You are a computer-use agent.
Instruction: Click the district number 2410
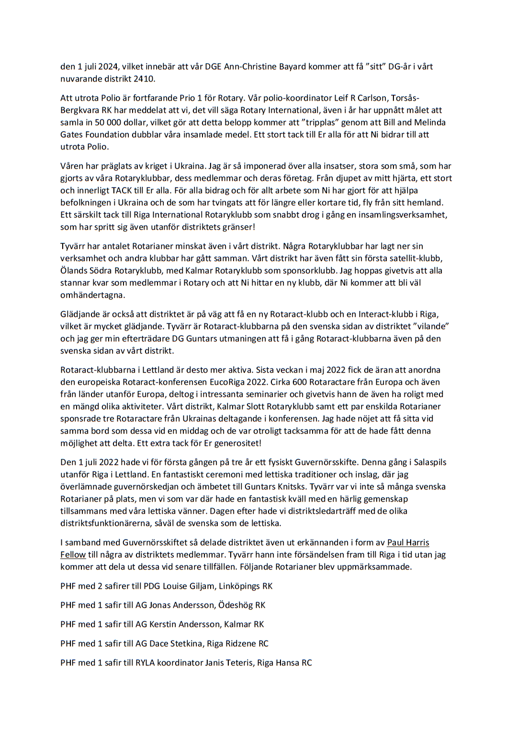144,79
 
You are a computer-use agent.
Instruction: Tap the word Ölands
74,271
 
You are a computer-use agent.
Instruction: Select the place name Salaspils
430,462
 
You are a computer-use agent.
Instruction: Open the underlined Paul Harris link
408,543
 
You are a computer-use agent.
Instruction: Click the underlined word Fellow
73,555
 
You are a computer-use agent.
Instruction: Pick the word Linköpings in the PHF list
239,586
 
